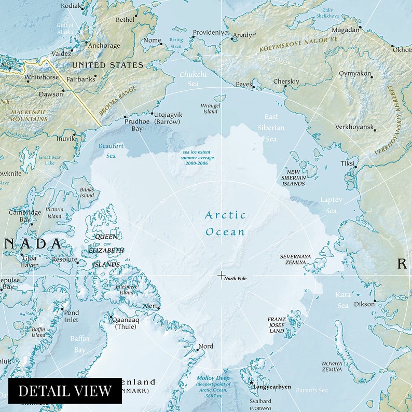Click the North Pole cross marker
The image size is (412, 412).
click(x=221, y=275)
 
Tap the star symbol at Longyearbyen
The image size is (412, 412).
click(x=251, y=382)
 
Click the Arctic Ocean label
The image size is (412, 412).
click(x=225, y=223)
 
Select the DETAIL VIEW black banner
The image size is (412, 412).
click(x=65, y=391)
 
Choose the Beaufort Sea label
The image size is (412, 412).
click(x=111, y=150)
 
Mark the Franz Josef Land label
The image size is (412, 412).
click(x=276, y=325)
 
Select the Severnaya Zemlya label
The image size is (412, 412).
click(x=295, y=259)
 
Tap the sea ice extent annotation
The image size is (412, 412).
click(x=197, y=157)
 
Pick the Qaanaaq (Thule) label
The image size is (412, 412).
click(x=127, y=323)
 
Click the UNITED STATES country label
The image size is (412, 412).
click(x=107, y=65)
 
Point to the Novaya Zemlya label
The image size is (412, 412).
click(x=332, y=366)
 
